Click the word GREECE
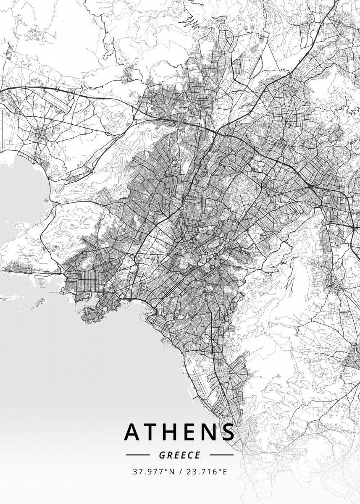pos(179,455)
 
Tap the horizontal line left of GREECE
pos(137,455)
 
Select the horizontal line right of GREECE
pos(221,455)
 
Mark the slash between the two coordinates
pos(179,472)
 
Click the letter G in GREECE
pos(162,455)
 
